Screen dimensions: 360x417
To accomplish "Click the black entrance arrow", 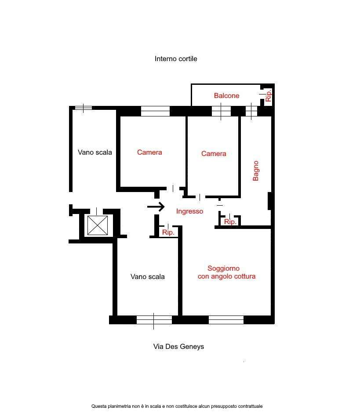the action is (x=156, y=207).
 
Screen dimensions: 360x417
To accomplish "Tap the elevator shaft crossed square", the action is (x=98, y=225).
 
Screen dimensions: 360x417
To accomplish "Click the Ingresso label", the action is (x=190, y=211).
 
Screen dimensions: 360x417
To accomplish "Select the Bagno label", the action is (x=255, y=171).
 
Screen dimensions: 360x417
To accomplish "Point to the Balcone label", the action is (x=226, y=95).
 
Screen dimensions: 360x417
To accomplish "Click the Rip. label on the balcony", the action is (x=268, y=95).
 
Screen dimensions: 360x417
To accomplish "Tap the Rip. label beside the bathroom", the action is (x=230, y=222).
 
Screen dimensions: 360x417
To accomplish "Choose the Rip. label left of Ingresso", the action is (x=168, y=232).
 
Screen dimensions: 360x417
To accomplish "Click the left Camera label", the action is (x=149, y=152).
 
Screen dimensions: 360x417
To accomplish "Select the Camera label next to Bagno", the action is (x=214, y=153).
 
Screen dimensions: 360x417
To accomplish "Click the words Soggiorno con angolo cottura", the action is (x=226, y=272).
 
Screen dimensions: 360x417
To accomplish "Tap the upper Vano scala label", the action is (x=95, y=152).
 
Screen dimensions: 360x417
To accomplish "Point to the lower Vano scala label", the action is (x=147, y=276).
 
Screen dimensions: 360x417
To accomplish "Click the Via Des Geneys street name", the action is (x=178, y=347).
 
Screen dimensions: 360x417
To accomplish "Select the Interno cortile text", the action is (x=176, y=59).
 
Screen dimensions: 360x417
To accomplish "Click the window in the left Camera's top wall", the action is (x=155, y=111).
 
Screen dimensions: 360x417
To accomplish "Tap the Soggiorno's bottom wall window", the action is (x=226, y=319).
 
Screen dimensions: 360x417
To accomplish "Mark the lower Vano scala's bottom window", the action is (x=154, y=320).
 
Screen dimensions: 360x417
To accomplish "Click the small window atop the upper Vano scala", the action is (x=83, y=108).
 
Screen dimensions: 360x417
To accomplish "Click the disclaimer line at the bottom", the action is (x=177, y=406).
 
